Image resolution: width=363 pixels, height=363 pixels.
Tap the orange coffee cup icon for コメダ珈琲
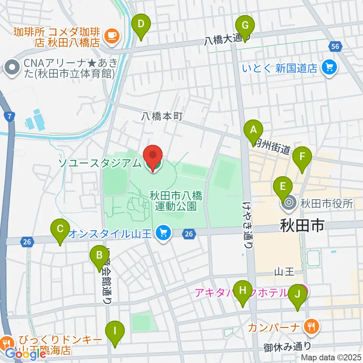click(x=111, y=36)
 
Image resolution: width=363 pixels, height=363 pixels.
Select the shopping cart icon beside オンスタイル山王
click(x=163, y=232)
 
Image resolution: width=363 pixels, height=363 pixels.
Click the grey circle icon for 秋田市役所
click(x=289, y=204)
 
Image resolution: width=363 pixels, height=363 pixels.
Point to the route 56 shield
click(x=335, y=47)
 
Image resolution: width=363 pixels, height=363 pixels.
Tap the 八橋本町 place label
click(x=163, y=116)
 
